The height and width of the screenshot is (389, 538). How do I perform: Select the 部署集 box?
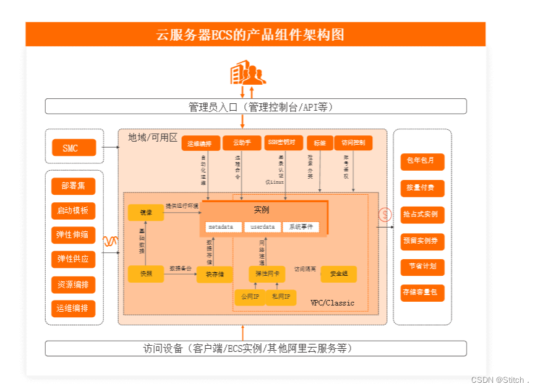pyautogui.click(x=73, y=186)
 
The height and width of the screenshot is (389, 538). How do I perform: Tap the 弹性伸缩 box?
pyautogui.click(x=73, y=234)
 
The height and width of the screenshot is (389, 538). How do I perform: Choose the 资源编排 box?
pyautogui.click(x=73, y=284)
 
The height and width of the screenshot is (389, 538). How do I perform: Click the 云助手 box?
pyautogui.click(x=242, y=143)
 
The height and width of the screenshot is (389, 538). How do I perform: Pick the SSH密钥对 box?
pyautogui.click(x=284, y=143)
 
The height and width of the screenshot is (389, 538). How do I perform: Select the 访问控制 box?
pyautogui.click(x=354, y=143)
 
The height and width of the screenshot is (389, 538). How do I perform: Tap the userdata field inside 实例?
pyautogui.click(x=262, y=227)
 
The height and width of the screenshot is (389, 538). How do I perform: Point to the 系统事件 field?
pyautogui.click(x=301, y=227)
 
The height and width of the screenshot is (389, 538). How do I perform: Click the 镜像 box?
pyautogui.click(x=146, y=213)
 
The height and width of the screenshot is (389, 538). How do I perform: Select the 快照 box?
pyautogui.click(x=146, y=273)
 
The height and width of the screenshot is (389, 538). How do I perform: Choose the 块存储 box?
pyautogui.click(x=215, y=274)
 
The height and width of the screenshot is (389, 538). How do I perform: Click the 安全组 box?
pyautogui.click(x=338, y=273)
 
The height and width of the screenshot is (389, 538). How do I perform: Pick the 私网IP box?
pyautogui.click(x=281, y=297)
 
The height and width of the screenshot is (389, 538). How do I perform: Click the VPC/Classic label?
pyautogui.click(x=332, y=303)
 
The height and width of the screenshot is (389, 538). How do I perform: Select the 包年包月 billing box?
pyautogui.click(x=422, y=161)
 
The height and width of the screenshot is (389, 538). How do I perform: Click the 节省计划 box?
pyautogui.click(x=422, y=266)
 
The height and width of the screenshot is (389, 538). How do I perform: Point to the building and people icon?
pyautogui.click(x=247, y=72)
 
